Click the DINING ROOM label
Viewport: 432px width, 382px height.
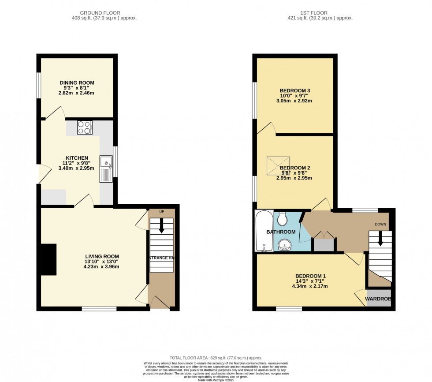pyautogui.click(x=77, y=82)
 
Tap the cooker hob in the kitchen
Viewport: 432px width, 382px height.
pyautogui.click(x=84, y=127)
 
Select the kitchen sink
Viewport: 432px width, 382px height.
pyautogui.click(x=106, y=169)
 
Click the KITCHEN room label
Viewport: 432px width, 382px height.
pyautogui.click(x=77, y=158)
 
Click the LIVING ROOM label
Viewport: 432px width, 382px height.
pyautogui.click(x=102, y=256)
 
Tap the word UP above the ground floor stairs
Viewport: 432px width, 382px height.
pyautogui.click(x=161, y=212)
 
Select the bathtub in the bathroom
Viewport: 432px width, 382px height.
pyautogui.click(x=264, y=231)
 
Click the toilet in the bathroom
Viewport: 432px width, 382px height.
pyautogui.click(x=283, y=218)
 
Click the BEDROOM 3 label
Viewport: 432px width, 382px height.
pyautogui.click(x=294, y=90)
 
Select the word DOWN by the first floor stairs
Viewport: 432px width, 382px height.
pyautogui.click(x=380, y=224)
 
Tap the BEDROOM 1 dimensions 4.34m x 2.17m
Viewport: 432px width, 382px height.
pyautogui.click(x=309, y=286)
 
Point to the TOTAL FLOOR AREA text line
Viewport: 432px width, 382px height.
pyautogui.click(x=216, y=358)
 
